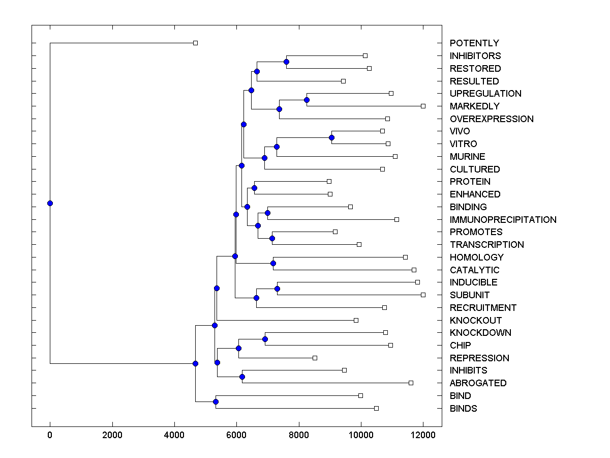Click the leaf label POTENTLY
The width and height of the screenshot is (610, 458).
click(474, 43)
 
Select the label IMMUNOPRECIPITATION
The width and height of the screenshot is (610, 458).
click(503, 220)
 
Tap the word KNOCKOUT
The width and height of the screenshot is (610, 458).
click(475, 321)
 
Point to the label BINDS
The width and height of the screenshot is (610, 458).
click(463, 409)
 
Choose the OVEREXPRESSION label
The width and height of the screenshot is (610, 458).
click(492, 119)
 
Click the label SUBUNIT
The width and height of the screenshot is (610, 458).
click(470, 295)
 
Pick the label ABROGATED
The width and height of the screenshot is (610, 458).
click(478, 383)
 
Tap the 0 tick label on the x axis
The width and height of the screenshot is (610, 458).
click(50, 436)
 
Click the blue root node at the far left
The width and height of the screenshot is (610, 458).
click(50, 203)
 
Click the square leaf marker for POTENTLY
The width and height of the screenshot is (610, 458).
click(195, 43)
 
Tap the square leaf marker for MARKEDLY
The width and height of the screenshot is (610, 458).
click(423, 106)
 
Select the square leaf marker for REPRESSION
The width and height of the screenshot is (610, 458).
click(315, 358)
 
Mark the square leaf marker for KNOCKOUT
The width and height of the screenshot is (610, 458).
click(356, 320)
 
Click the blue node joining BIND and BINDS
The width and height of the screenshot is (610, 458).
click(216, 402)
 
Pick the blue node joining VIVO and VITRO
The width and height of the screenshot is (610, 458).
click(331, 137)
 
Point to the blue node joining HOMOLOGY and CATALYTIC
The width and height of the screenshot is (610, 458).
click(273, 263)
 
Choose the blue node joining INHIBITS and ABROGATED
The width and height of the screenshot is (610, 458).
click(242, 377)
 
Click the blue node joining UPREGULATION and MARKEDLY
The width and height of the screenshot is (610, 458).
click(307, 100)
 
